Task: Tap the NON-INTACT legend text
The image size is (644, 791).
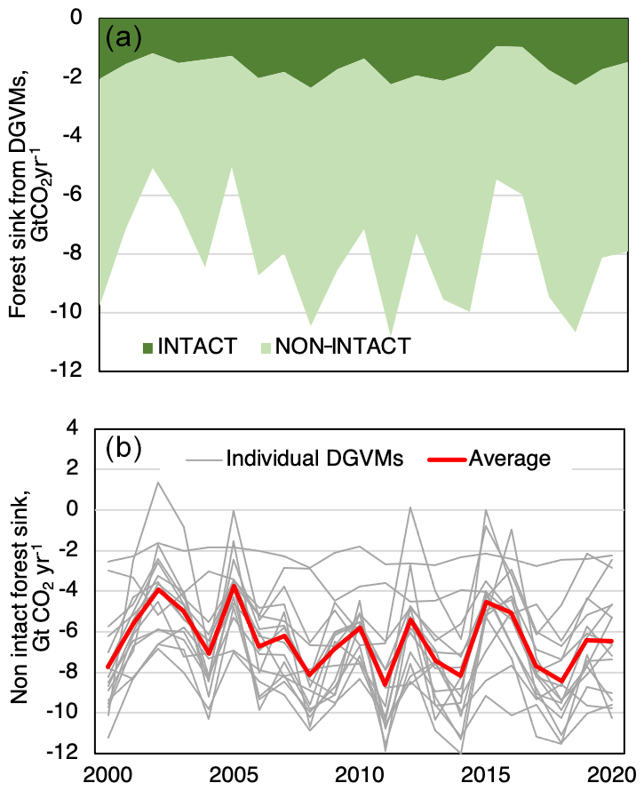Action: pos(345,346)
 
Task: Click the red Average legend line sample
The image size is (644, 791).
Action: pos(445,459)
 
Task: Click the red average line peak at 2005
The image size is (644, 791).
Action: pos(234,585)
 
